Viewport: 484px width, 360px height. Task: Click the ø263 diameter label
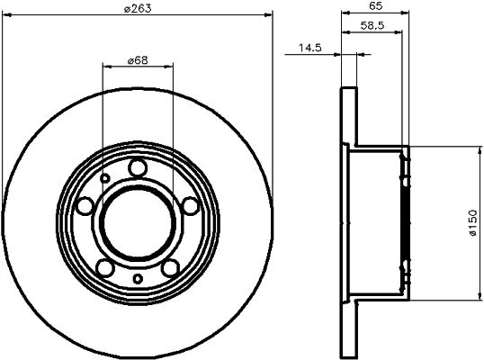coord(138,9)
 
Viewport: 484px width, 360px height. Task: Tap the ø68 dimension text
coord(138,60)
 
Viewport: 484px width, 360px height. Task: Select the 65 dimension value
coord(376,6)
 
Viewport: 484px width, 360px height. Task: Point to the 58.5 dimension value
coord(372,25)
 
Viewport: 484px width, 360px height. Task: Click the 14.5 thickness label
coord(310,48)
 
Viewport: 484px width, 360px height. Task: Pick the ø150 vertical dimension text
coord(472,223)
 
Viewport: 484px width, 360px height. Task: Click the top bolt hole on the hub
coord(138,167)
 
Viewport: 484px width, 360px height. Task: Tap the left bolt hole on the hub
coord(85,206)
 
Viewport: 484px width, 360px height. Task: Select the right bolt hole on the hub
coord(190,206)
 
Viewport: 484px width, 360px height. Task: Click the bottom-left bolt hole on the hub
coord(105,267)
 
